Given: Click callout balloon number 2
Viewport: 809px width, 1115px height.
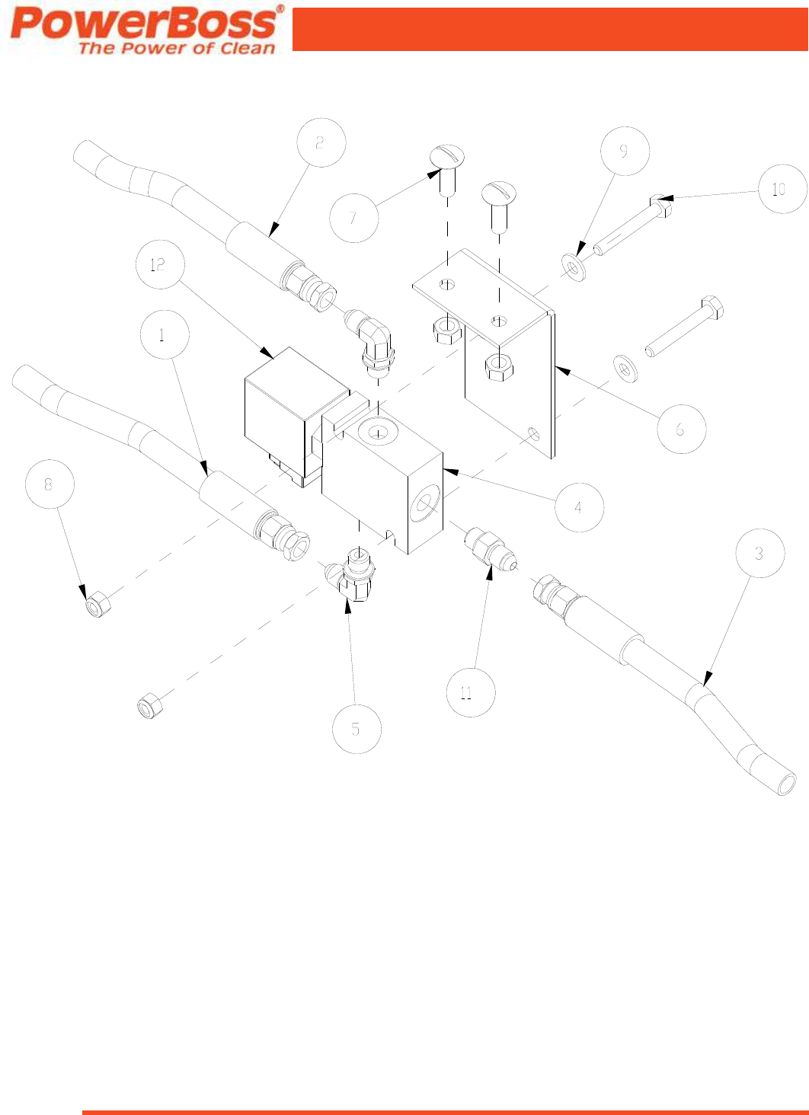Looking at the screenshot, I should pyautogui.click(x=321, y=142).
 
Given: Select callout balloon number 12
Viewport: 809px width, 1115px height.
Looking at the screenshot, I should pyautogui.click(x=158, y=265).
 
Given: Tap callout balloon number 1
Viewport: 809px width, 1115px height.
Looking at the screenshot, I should pyautogui.click(x=164, y=335).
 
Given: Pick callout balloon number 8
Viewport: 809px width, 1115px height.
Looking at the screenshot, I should pyautogui.click(x=50, y=484).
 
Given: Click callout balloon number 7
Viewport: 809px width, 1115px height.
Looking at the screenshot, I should pyautogui.click(x=353, y=218).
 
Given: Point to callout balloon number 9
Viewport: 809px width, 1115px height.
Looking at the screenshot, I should pyautogui.click(x=625, y=151).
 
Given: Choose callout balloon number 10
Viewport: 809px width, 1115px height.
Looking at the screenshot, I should pyautogui.click(x=782, y=189).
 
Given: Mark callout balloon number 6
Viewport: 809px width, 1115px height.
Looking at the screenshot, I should pyautogui.click(x=681, y=430).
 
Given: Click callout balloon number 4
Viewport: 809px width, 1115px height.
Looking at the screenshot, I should pyautogui.click(x=579, y=507).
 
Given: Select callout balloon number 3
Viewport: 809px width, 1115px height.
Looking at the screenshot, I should pyautogui.click(x=760, y=554).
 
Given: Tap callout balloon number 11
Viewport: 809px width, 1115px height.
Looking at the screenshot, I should pyautogui.click(x=470, y=692).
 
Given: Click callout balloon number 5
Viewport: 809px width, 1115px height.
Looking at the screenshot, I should pyautogui.click(x=357, y=729).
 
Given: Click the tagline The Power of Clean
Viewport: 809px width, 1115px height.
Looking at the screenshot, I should pyautogui.click(x=177, y=48).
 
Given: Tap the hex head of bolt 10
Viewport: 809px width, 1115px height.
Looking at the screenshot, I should pyautogui.click(x=661, y=205).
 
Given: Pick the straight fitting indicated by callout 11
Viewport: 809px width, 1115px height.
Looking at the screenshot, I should pyautogui.click(x=484, y=548).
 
